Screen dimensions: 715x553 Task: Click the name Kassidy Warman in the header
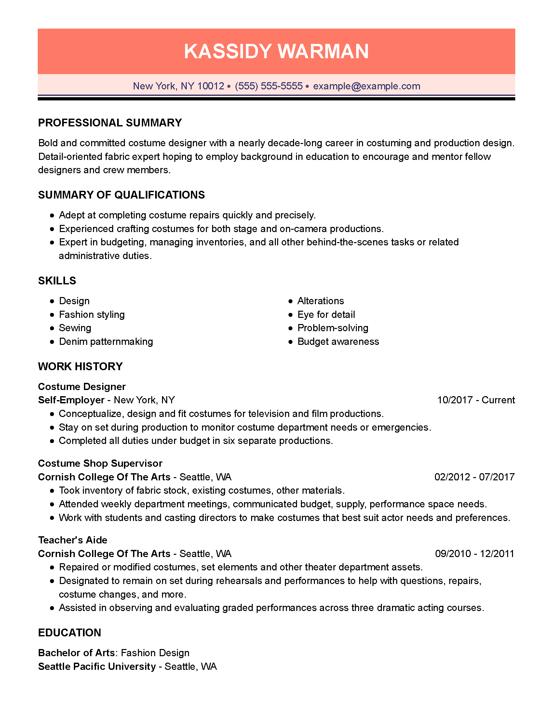click(276, 51)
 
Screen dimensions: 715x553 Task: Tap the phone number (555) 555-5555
click(269, 86)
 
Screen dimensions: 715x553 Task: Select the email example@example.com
click(366, 86)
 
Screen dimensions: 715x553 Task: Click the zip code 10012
click(211, 86)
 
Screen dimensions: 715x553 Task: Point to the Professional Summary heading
click(110, 123)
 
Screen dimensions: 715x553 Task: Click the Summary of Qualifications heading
click(121, 195)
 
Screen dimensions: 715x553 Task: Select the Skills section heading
click(57, 280)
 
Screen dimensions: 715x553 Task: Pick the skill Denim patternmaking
click(106, 342)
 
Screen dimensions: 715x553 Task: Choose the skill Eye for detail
click(326, 315)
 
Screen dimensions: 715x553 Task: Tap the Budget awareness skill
click(338, 342)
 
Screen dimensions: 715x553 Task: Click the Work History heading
click(80, 366)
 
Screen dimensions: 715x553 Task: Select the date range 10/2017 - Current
click(476, 400)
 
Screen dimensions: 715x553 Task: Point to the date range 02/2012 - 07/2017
click(474, 477)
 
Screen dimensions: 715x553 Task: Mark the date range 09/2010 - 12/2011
click(474, 553)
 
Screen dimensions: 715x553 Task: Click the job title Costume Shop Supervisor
click(100, 463)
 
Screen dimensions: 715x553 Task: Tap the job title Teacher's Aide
click(73, 540)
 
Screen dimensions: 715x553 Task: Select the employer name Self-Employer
click(71, 400)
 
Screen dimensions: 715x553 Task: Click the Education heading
click(70, 632)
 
